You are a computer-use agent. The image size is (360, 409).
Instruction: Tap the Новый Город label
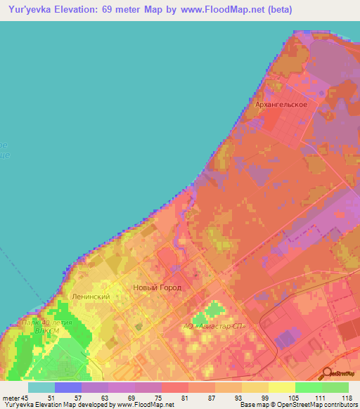click(x=157, y=288)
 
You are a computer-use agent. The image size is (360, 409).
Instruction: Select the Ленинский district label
click(x=91, y=297)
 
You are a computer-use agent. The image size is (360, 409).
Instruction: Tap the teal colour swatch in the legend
click(x=41, y=387)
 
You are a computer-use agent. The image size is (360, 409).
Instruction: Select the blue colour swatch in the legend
click(x=68, y=387)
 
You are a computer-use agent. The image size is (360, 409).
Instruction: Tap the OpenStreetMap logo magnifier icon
click(x=327, y=374)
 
